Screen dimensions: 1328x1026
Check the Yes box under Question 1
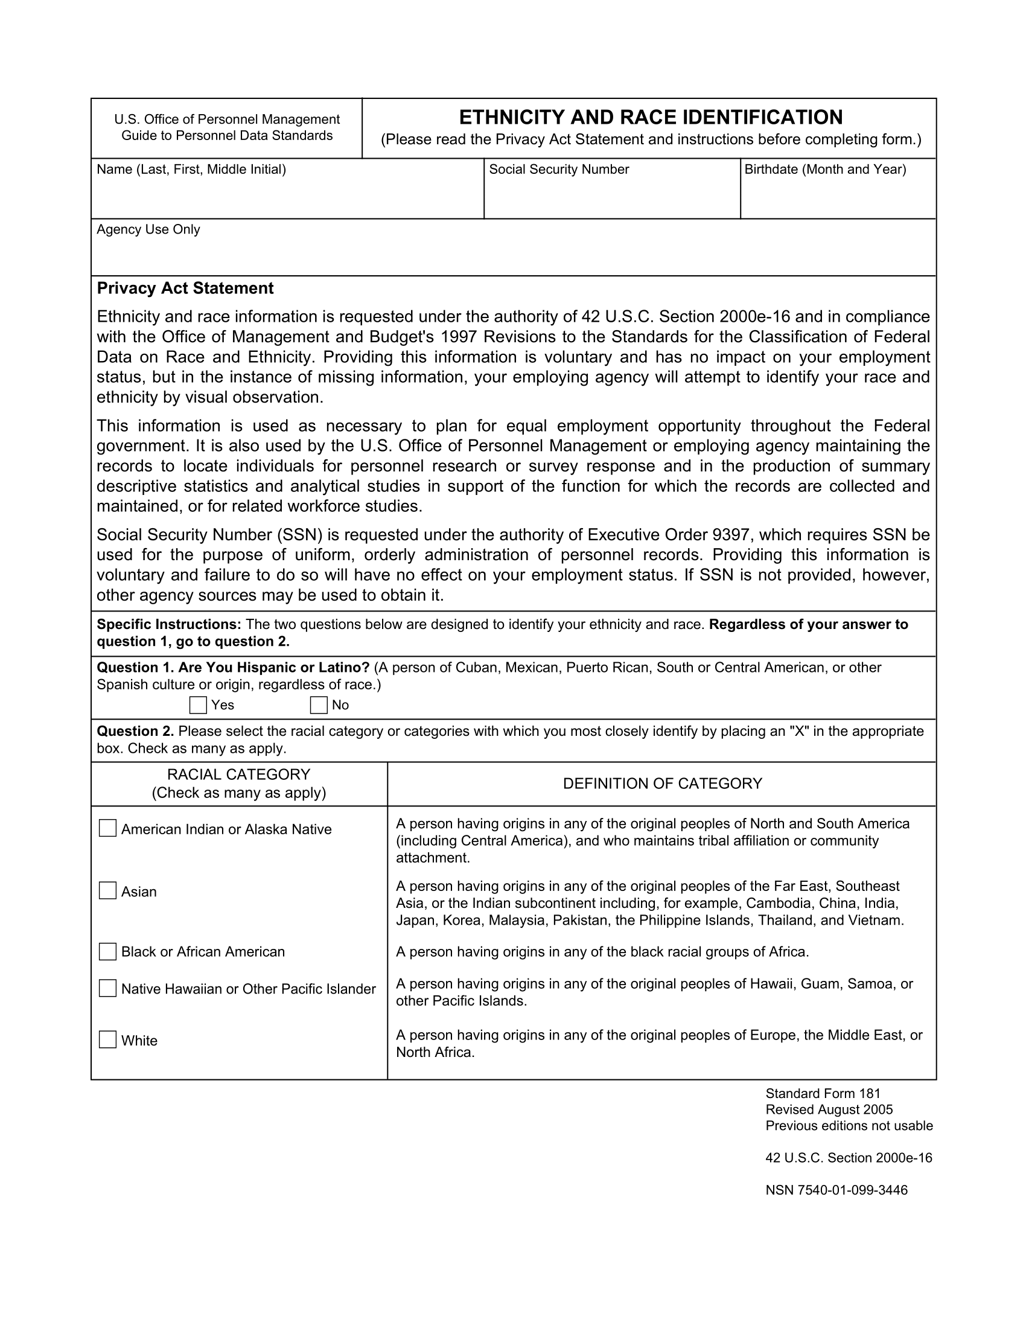[197, 705]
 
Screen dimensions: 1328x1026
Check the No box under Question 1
[319, 705]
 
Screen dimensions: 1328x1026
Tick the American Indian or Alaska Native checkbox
[107, 828]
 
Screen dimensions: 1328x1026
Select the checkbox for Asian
[107, 891]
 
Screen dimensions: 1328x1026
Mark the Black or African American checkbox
[107, 951]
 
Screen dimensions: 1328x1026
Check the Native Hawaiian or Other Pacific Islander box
[107, 989]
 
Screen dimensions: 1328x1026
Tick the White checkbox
[107, 1040]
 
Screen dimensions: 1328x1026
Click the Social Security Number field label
[559, 170]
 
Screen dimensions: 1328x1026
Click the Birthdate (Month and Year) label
[825, 170]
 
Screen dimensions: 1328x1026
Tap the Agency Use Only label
[148, 230]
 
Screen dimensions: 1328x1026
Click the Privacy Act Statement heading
[185, 288]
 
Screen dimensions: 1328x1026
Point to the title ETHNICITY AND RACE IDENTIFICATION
[651, 117]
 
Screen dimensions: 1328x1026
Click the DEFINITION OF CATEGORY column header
[662, 784]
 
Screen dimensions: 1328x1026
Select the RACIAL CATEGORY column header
[239, 774]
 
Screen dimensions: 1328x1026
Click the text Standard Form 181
[823, 1094]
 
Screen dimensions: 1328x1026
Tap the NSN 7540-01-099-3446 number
[836, 1190]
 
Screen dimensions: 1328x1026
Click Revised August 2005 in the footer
[829, 1109]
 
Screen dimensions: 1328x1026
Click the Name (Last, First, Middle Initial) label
[191, 170]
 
